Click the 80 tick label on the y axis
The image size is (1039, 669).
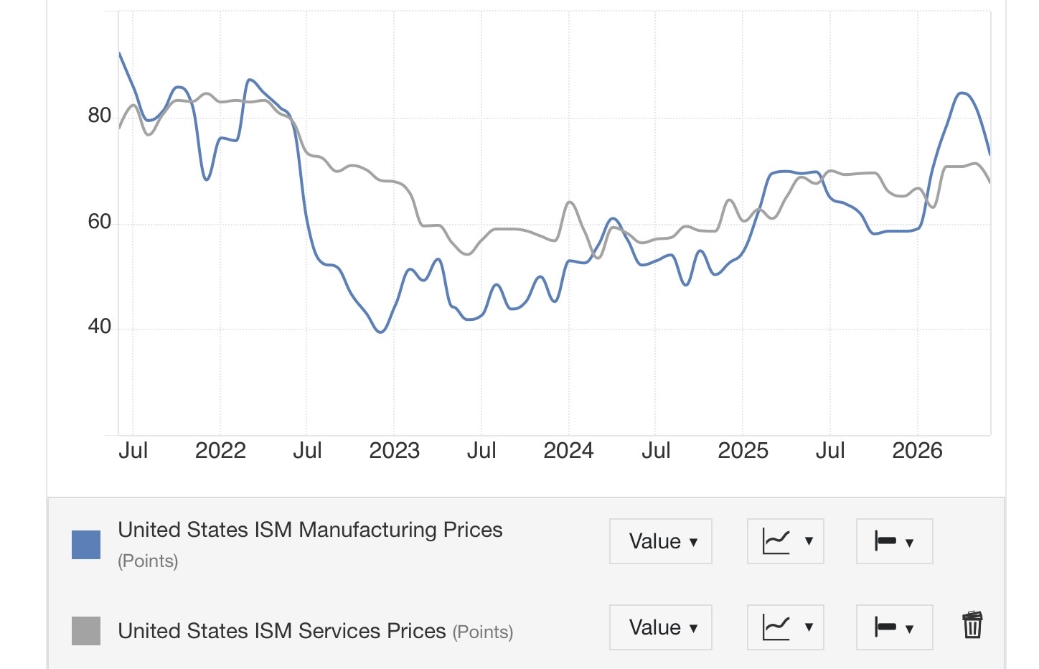(99, 115)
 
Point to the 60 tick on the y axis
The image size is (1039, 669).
(99, 221)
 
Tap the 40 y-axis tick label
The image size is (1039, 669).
(99, 326)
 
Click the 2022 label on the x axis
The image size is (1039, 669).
(220, 450)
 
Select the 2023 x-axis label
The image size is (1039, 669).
(394, 450)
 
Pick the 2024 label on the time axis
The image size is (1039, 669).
(568, 450)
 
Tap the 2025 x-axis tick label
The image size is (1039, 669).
(743, 450)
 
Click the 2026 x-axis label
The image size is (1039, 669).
(917, 450)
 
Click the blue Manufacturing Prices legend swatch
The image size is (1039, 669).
(86, 545)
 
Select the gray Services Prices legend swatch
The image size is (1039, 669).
(86, 631)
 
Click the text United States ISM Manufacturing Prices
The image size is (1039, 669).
(310, 530)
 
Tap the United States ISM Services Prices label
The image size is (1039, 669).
(281, 631)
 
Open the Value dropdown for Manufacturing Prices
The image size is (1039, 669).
(661, 541)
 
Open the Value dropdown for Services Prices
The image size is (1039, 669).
(661, 627)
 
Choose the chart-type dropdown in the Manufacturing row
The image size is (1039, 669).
(785, 541)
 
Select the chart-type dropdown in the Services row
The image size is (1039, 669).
(785, 627)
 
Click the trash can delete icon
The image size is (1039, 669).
(972, 625)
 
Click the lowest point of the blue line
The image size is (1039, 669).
(380, 332)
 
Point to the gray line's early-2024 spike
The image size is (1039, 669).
(570, 202)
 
